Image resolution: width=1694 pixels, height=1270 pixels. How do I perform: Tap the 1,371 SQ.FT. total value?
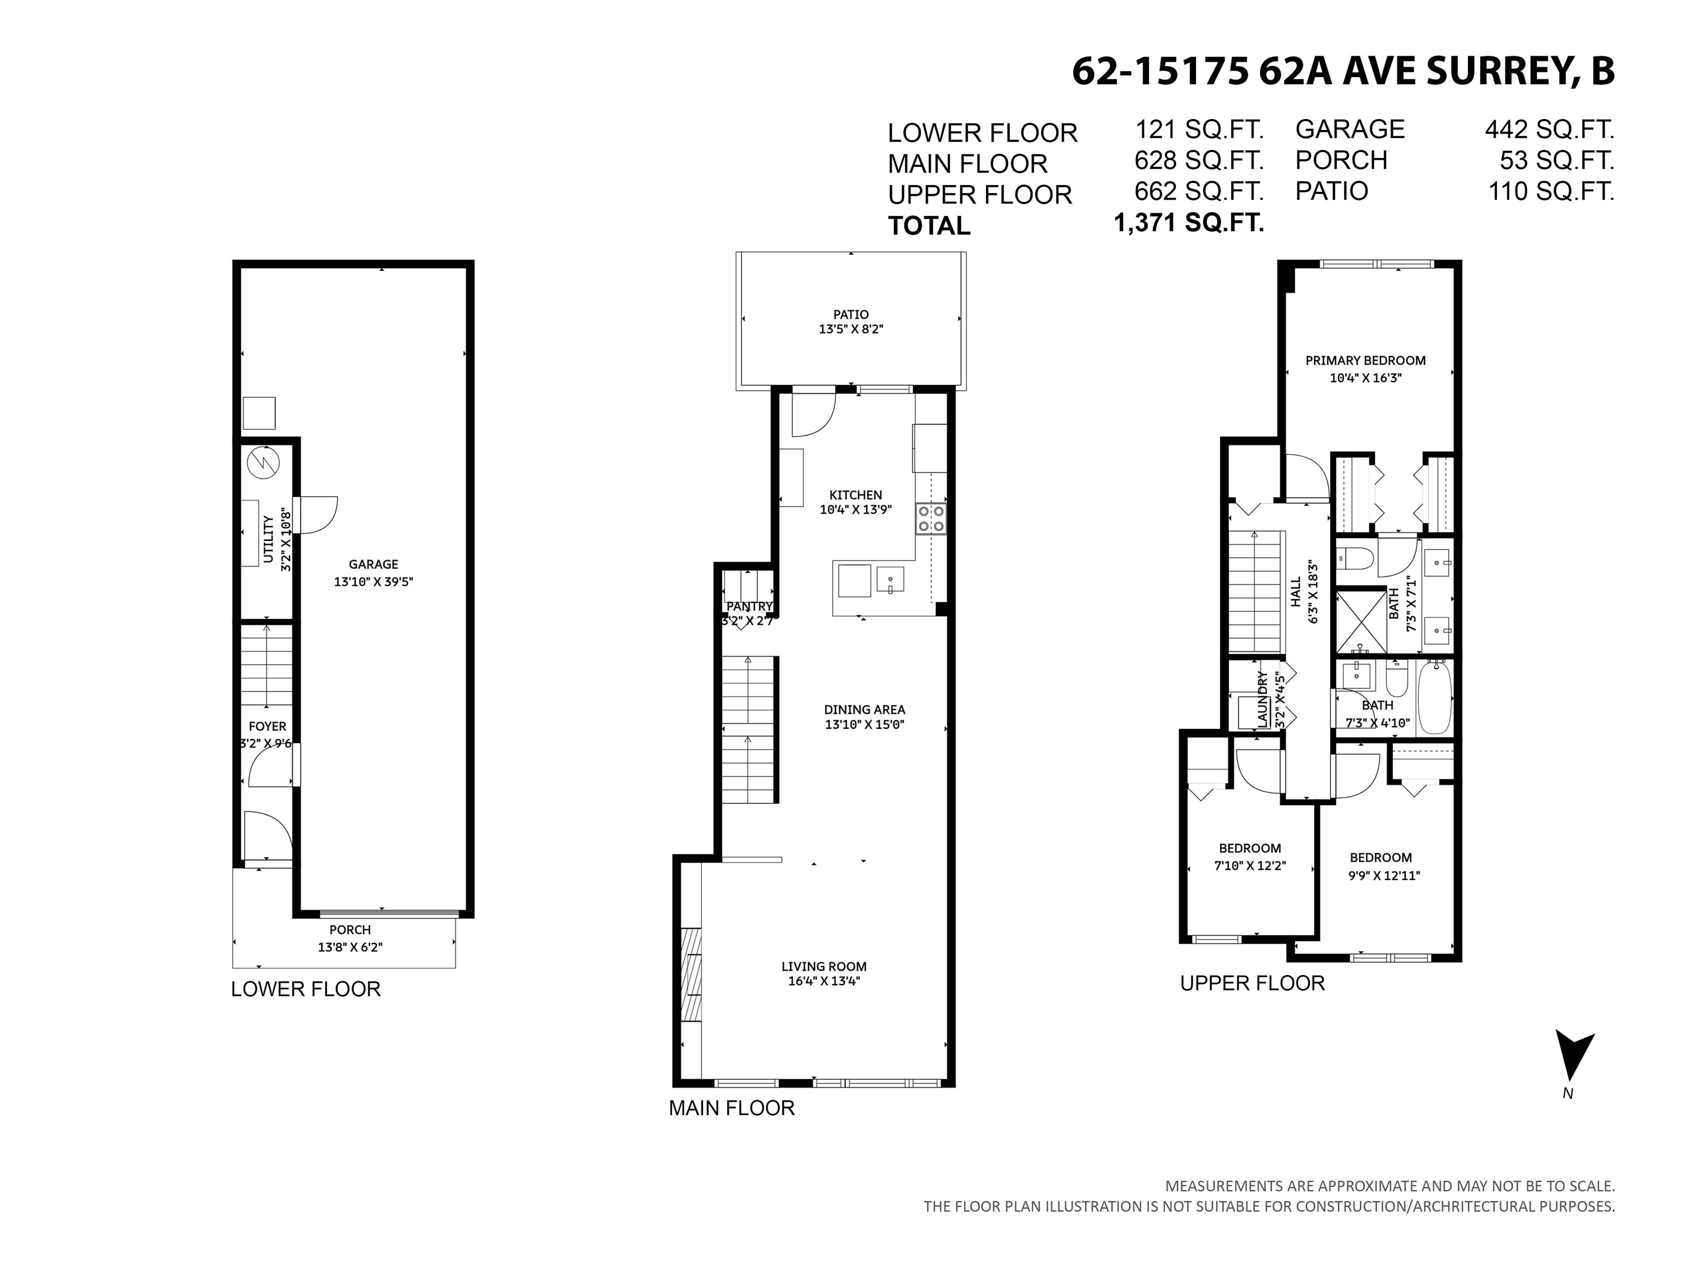pyautogui.click(x=1188, y=224)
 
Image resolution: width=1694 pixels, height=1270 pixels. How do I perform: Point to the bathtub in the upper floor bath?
pyautogui.click(x=1435, y=698)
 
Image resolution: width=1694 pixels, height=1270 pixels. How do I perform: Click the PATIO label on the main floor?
pyautogui.click(x=851, y=315)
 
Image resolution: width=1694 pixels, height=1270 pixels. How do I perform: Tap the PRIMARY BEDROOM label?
pyautogui.click(x=1365, y=360)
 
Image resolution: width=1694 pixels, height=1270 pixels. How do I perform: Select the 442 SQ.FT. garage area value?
pyautogui.click(x=1550, y=130)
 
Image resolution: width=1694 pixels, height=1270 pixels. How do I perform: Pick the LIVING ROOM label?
pyautogui.click(x=824, y=966)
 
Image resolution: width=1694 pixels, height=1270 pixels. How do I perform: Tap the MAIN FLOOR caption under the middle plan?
pyautogui.click(x=731, y=1108)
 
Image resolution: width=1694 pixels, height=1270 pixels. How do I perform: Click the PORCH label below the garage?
pyautogui.click(x=350, y=929)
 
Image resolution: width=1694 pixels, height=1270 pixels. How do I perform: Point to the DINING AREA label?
pyautogui.click(x=865, y=709)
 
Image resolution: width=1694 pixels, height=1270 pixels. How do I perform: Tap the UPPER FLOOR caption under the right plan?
pyautogui.click(x=1252, y=983)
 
